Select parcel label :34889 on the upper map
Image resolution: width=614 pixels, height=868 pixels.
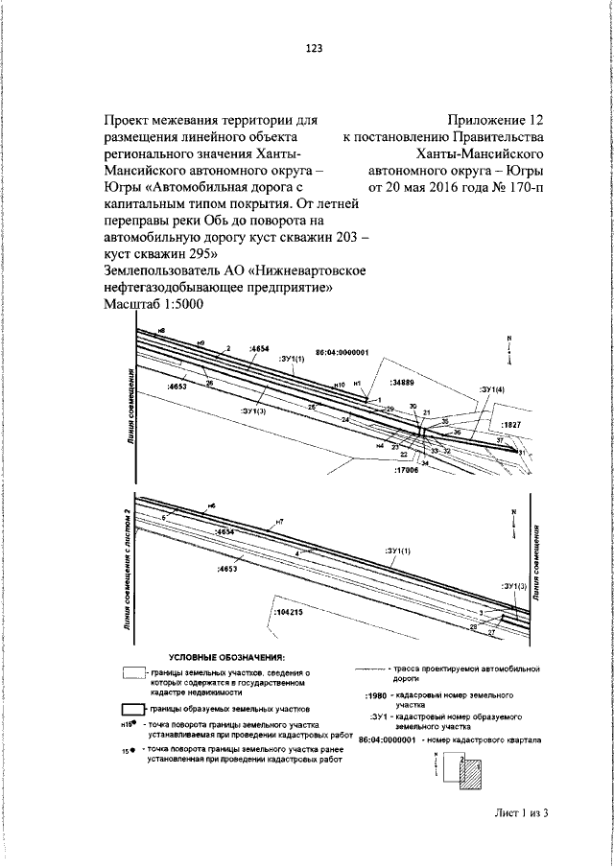pyautogui.click(x=403, y=382)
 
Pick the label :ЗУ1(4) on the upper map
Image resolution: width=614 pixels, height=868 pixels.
pyautogui.click(x=492, y=389)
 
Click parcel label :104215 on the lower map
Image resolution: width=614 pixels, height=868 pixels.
pyautogui.click(x=288, y=610)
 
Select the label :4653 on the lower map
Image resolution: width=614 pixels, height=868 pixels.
pyautogui.click(x=226, y=569)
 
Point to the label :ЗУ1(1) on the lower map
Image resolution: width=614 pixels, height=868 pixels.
pyautogui.click(x=398, y=550)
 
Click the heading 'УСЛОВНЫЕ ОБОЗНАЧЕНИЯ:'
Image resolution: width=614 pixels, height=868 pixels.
pyautogui.click(x=227, y=657)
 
